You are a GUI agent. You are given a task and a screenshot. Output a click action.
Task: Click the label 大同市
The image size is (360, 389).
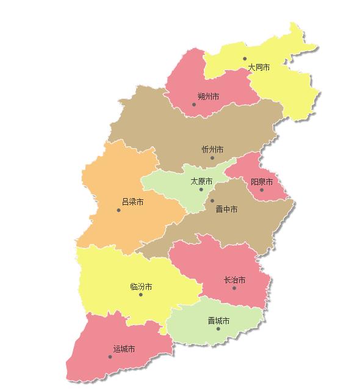pyautogui.click(x=259, y=68)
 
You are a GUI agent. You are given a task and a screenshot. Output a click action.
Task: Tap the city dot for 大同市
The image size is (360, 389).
pyautogui.click(x=245, y=59)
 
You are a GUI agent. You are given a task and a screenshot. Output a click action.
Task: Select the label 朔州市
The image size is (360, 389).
pyautogui.click(x=209, y=96)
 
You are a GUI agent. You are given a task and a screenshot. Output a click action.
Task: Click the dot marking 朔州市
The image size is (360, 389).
pyautogui.click(x=195, y=104)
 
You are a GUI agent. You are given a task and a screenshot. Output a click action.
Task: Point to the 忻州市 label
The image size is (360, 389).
pyautogui.click(x=212, y=149)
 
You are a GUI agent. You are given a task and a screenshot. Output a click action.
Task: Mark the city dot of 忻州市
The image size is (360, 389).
pyautogui.click(x=212, y=158)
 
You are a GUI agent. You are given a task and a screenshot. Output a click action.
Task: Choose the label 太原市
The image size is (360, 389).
pyautogui.click(x=201, y=182)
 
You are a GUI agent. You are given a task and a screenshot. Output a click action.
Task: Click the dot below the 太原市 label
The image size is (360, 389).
pyautogui.click(x=201, y=190)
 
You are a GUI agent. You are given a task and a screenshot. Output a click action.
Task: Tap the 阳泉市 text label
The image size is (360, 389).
pyautogui.click(x=262, y=182)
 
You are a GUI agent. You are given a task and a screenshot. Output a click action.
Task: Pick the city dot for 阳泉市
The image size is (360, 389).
pyautogui.click(x=262, y=190)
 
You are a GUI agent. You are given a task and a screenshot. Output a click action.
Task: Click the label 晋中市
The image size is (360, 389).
pyautogui.click(x=227, y=209)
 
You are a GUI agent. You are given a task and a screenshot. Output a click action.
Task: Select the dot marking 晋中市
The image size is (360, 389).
pyautogui.click(x=212, y=201)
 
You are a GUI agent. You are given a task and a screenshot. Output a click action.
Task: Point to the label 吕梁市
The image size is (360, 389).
pyautogui.click(x=132, y=202)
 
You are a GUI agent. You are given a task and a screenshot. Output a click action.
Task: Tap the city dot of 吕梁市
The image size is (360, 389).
pyautogui.click(x=119, y=210)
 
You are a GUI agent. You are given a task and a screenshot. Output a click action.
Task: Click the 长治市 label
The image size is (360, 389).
pyautogui.click(x=234, y=280)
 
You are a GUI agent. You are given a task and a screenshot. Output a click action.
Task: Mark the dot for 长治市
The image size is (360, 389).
pyautogui.click(x=234, y=288)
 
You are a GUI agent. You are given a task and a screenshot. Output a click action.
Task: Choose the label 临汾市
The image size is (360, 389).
pyautogui.click(x=141, y=287)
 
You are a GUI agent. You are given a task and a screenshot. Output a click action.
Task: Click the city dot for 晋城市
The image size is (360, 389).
pyautogui.click(x=218, y=329)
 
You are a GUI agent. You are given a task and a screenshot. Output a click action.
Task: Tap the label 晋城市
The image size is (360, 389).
pyautogui.click(x=218, y=321)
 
